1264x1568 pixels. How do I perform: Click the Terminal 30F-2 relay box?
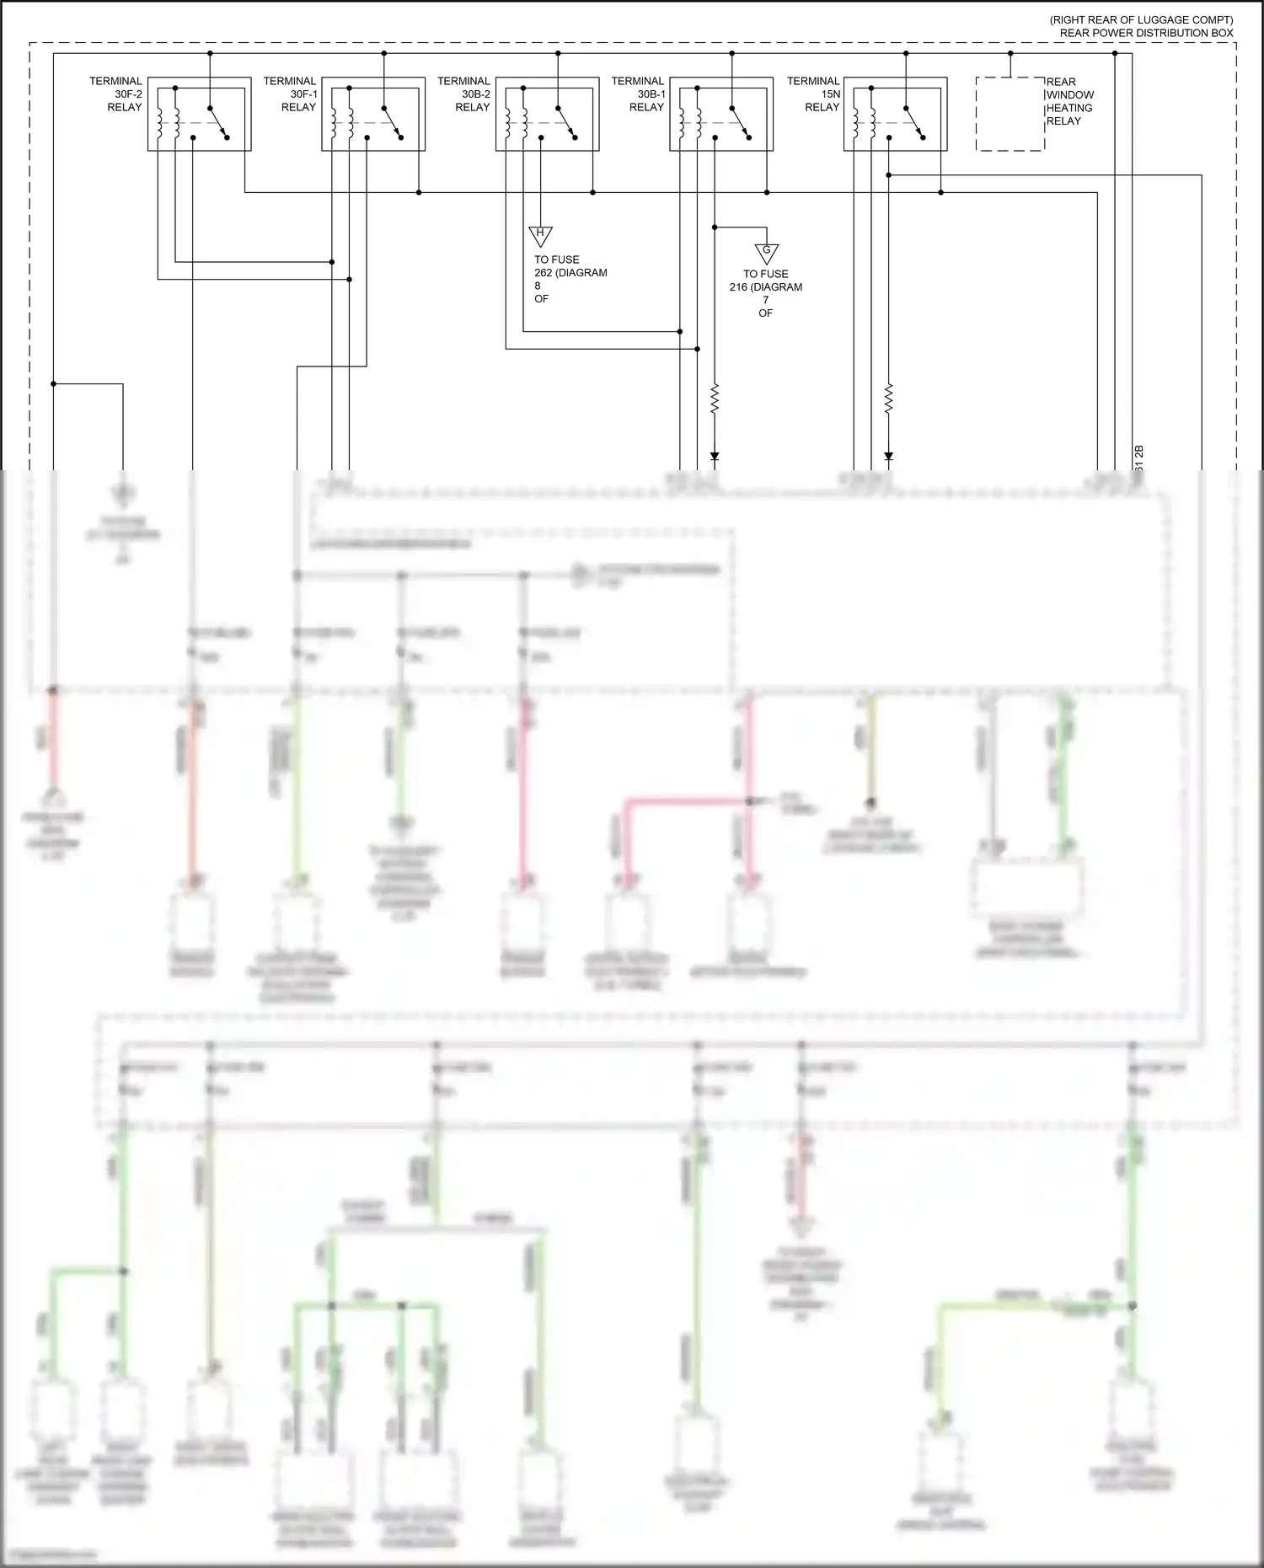tap(200, 114)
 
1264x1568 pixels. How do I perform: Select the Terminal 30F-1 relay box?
tap(373, 114)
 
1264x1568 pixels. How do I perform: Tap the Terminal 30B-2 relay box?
tap(548, 114)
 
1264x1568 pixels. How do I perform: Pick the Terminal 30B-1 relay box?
tap(721, 114)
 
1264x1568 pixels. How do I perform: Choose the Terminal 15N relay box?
tap(895, 114)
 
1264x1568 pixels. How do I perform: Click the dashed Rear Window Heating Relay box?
tap(1010, 114)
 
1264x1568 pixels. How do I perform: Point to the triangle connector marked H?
tap(540, 235)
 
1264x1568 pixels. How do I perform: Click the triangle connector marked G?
tap(767, 252)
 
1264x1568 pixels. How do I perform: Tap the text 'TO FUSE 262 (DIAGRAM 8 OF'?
tap(570, 279)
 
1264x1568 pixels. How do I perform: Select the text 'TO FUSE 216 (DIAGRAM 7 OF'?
tap(766, 293)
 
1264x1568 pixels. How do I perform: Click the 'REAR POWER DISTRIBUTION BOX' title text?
tap(1146, 33)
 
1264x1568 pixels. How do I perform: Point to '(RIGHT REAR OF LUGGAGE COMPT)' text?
tap(1141, 19)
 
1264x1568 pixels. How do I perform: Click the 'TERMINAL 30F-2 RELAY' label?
tap(117, 94)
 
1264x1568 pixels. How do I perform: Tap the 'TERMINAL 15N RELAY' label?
tap(814, 94)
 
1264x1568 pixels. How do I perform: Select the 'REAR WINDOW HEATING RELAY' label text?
tap(1069, 101)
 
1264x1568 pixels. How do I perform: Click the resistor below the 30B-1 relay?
tap(715, 399)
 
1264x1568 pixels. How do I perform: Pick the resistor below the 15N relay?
tap(888, 399)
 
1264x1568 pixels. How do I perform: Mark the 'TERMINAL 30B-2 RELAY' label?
tap(464, 94)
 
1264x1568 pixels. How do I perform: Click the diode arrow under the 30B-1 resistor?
tap(715, 457)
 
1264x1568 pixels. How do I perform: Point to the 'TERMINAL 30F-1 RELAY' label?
tap(291, 94)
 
